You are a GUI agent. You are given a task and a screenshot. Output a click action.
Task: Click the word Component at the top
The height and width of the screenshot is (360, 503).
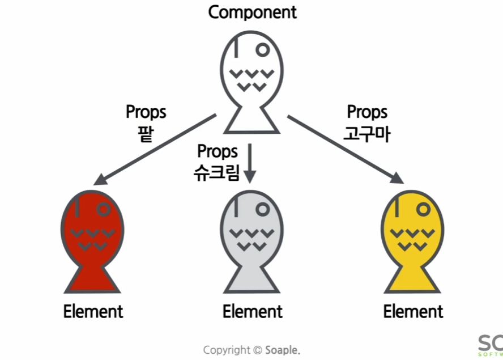pyautogui.click(x=252, y=12)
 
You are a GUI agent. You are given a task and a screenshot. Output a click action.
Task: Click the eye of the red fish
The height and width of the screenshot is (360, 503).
pyautogui.click(x=104, y=209)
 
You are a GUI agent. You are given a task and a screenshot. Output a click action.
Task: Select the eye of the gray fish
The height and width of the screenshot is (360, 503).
pyautogui.click(x=262, y=209)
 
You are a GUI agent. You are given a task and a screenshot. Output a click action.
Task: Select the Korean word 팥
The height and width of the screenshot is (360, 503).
pyautogui.click(x=146, y=133)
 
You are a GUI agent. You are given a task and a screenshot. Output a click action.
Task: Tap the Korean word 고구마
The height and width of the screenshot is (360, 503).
pyautogui.click(x=366, y=134)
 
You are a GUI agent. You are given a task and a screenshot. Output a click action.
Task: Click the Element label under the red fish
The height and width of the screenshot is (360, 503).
pyautogui.click(x=93, y=311)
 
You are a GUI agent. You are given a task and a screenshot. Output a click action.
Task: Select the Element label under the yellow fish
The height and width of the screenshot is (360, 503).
pyautogui.click(x=413, y=311)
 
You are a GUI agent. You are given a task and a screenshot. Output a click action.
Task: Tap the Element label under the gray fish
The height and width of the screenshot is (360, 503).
pyautogui.click(x=252, y=311)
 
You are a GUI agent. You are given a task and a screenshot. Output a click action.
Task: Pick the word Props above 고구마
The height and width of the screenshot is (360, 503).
pyautogui.click(x=366, y=112)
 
